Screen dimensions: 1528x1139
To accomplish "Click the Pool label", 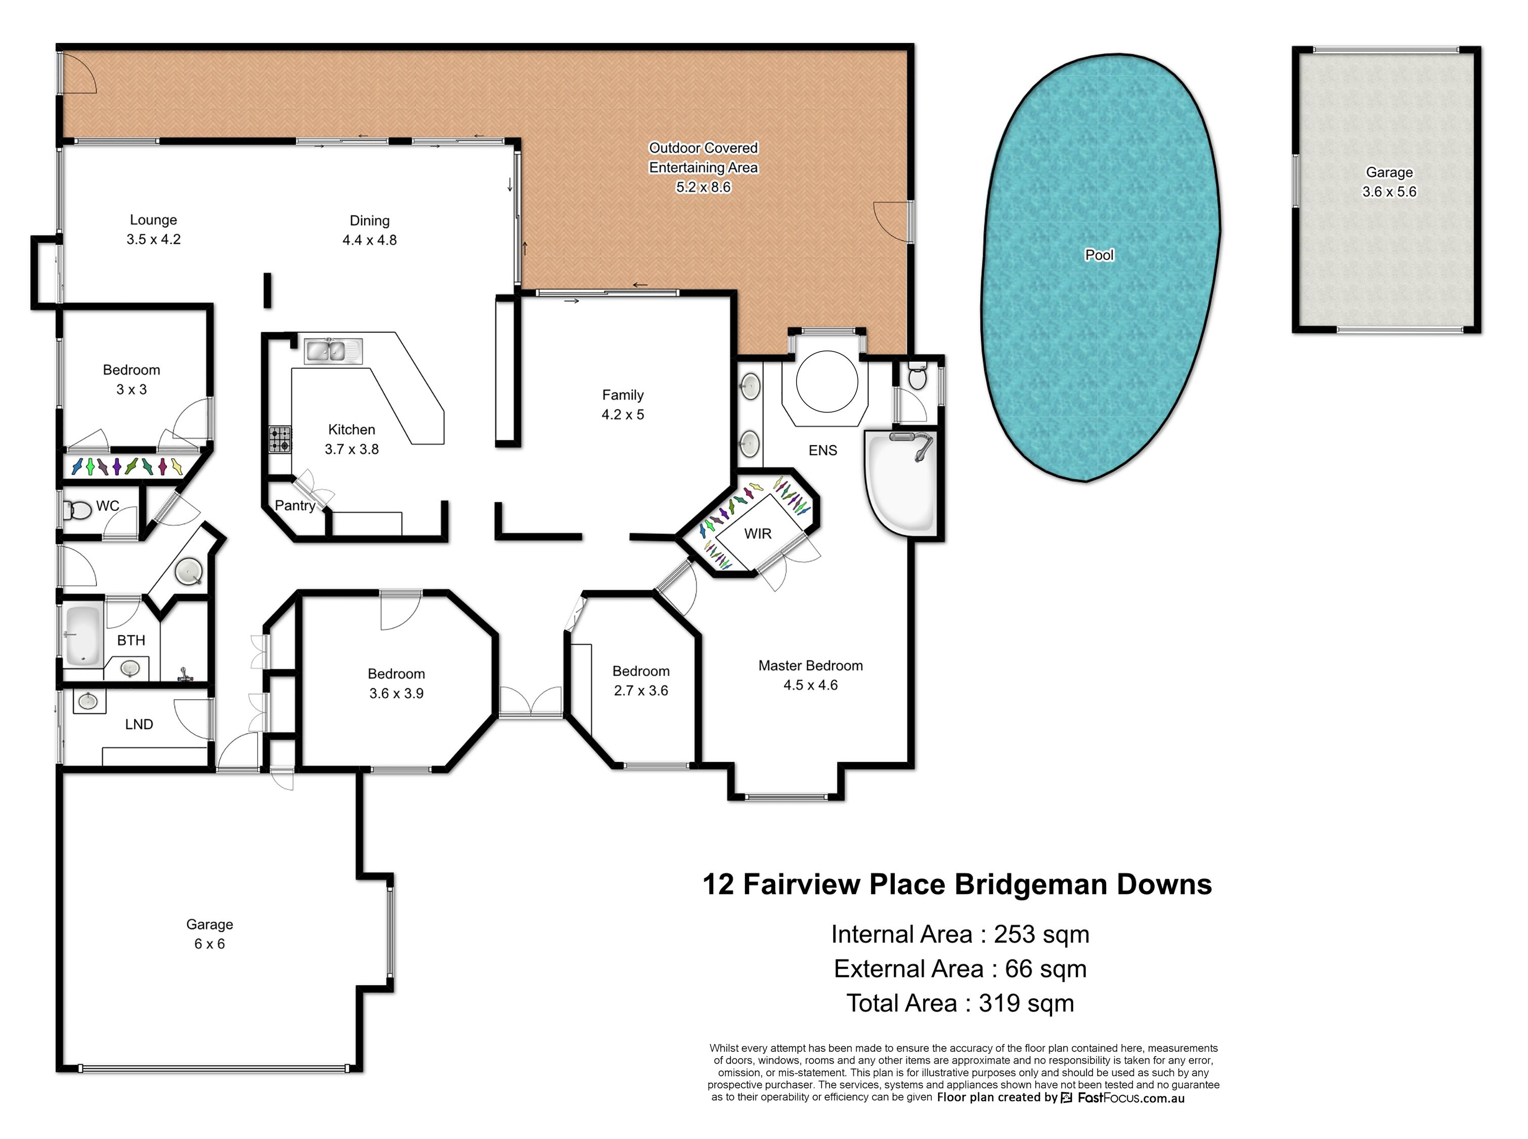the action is [1099, 255].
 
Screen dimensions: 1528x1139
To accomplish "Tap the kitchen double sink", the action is [334, 351].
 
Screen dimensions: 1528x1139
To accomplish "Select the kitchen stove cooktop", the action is [280, 439].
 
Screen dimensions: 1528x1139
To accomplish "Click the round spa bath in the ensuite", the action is [827, 381].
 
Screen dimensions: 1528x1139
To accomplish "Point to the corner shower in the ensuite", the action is [899, 483].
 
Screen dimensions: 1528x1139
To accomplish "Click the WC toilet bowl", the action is [78, 511].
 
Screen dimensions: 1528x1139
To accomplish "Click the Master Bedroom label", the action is [810, 665].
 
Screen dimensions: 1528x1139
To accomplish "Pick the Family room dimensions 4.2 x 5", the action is [623, 414].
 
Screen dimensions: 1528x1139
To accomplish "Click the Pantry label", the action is [295, 505].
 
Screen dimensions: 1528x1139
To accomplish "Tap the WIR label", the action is [758, 534].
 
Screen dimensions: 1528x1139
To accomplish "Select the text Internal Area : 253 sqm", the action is [960, 934].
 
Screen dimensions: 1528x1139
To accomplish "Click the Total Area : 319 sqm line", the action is [960, 1003].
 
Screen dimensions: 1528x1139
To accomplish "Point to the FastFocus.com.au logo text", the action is [1131, 1098].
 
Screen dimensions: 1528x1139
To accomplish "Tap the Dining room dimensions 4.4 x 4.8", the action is [370, 240].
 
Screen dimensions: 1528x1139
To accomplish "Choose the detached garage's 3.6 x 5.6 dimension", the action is [1389, 192].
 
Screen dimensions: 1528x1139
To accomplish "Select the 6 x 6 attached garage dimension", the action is [209, 944].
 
